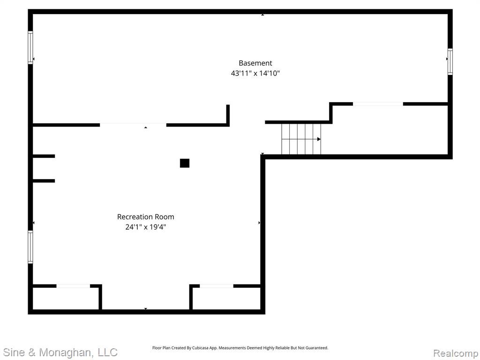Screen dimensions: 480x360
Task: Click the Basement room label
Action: point(255,63)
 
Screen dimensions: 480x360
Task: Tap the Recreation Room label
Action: point(145,217)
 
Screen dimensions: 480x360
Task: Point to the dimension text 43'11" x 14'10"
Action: point(255,73)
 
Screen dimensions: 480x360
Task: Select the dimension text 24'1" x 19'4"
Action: point(145,227)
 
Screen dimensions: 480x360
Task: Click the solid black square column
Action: point(185,163)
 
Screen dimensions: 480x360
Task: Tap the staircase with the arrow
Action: point(301,139)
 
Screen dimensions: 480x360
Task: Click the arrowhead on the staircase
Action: point(319,139)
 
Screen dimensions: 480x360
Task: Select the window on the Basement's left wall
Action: point(30,48)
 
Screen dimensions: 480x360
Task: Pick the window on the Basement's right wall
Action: point(450,61)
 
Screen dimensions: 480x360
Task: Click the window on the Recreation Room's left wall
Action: point(30,247)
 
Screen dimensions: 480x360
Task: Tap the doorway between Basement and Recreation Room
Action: point(133,125)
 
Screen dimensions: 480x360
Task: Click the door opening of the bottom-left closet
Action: point(73,286)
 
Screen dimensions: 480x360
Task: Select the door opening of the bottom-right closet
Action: point(217,286)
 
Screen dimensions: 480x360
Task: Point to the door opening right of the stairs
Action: point(378,104)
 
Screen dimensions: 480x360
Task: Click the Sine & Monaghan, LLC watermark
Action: point(60,352)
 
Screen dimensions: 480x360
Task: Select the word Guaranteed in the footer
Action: point(318,348)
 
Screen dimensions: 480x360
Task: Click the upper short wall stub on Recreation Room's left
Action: point(44,156)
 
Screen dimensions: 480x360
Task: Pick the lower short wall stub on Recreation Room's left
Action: point(44,181)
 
